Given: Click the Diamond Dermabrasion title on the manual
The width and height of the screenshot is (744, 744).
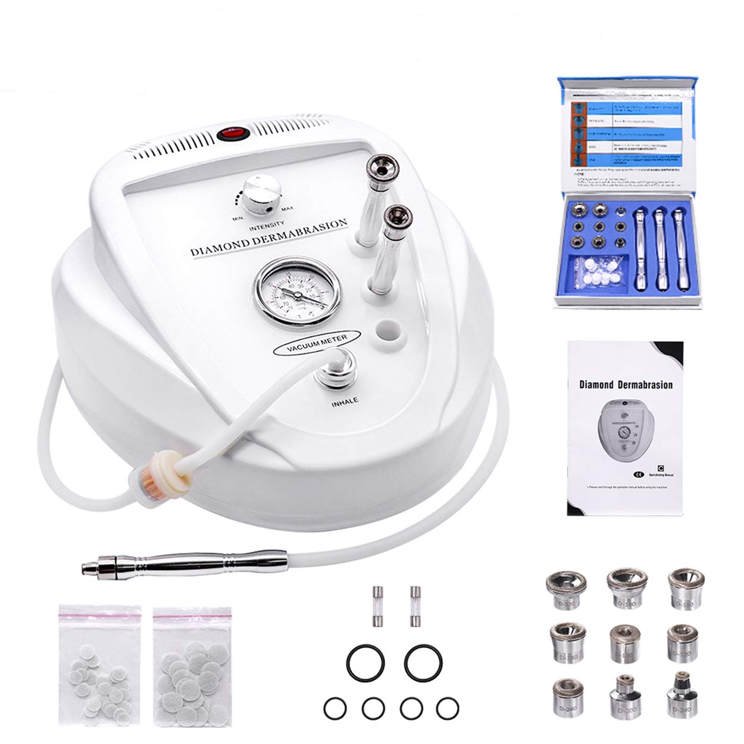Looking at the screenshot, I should pyautogui.click(x=626, y=384).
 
